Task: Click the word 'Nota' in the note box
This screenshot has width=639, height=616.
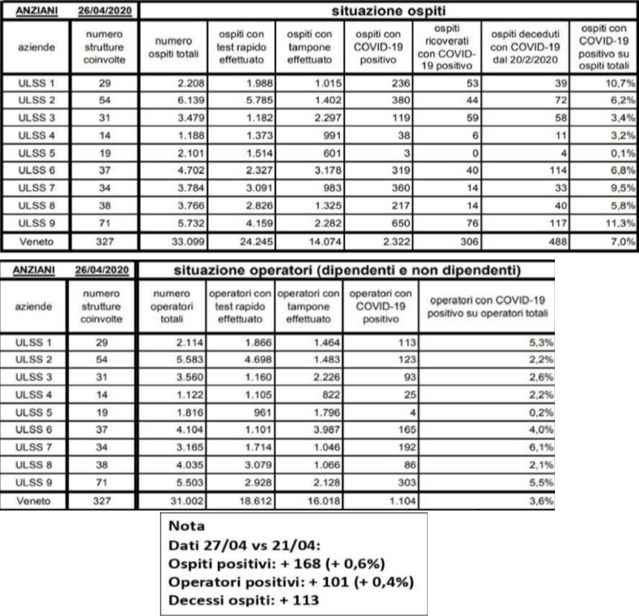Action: [x=187, y=526]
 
